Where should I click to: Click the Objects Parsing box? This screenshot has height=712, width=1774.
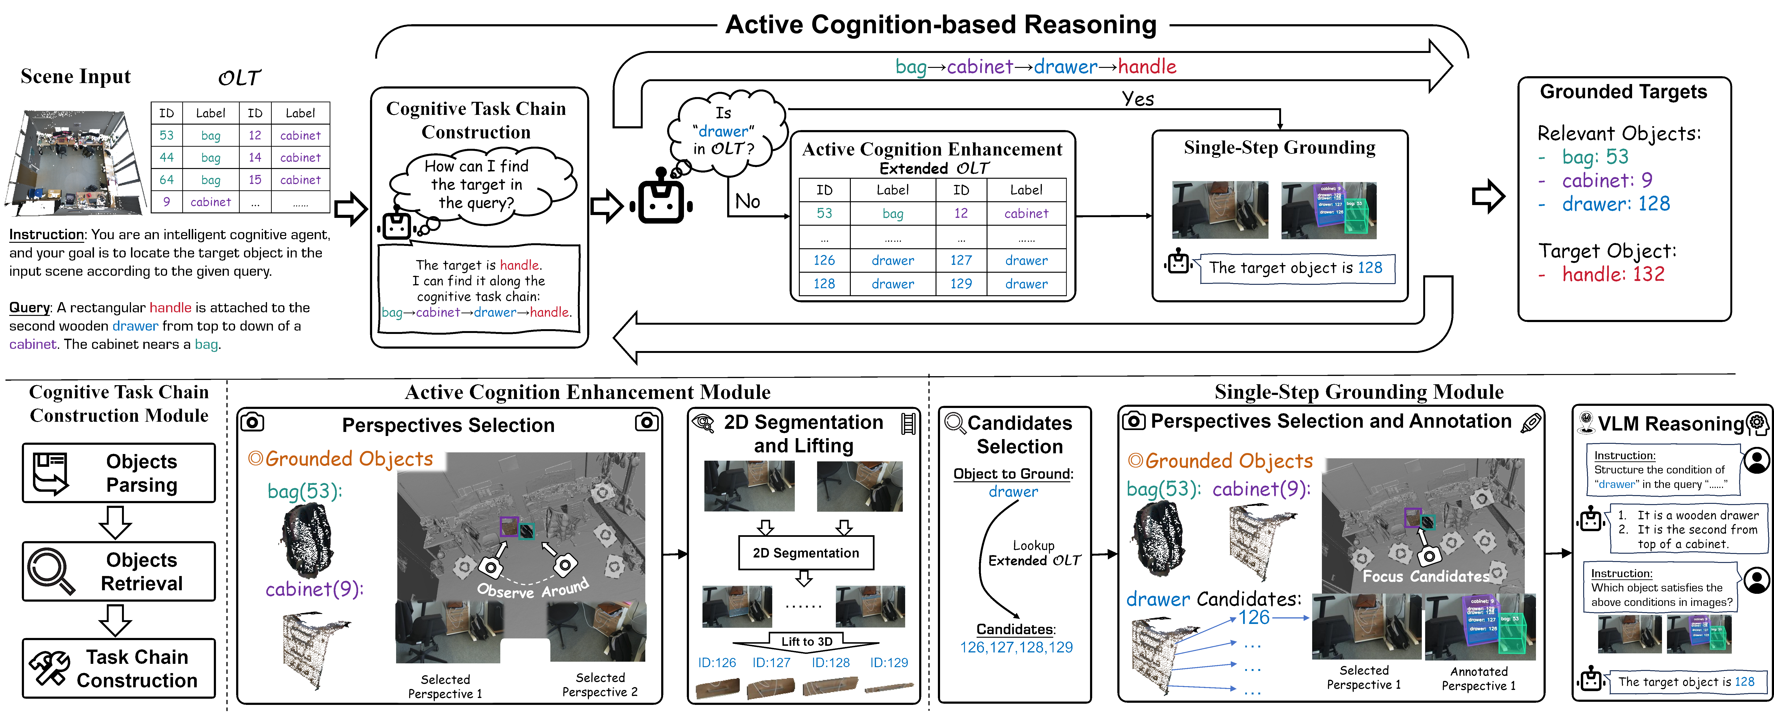118,473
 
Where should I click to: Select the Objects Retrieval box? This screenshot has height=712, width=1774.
118,571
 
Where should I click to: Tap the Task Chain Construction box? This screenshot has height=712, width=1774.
118,669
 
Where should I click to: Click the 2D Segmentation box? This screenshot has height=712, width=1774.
806,553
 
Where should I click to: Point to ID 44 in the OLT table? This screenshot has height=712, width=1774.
167,158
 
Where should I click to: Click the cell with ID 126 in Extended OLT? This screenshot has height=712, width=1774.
824,260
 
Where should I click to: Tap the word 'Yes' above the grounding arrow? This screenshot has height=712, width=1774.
1138,99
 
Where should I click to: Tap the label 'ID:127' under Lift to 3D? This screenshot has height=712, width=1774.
771,662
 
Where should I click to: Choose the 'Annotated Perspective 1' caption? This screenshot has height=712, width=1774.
1479,678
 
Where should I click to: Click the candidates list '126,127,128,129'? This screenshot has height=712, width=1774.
1016,647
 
